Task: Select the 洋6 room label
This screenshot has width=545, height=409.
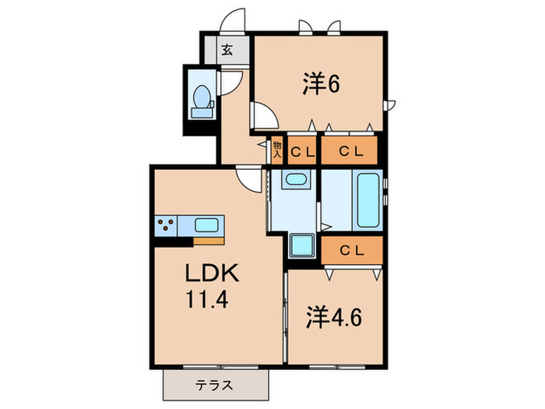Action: pyautogui.click(x=321, y=83)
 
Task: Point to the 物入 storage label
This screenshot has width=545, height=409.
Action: pyautogui.click(x=276, y=150)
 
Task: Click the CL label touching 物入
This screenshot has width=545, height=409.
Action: pyautogui.click(x=303, y=151)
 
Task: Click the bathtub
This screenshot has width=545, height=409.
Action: pyautogui.click(x=365, y=199)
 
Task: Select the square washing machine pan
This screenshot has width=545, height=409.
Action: pyautogui.click(x=300, y=247)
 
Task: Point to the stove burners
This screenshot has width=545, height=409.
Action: pyautogui.click(x=166, y=226)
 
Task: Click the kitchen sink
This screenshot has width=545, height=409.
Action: pyautogui.click(x=206, y=226)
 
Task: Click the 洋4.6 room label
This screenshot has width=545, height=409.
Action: pyautogui.click(x=332, y=318)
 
